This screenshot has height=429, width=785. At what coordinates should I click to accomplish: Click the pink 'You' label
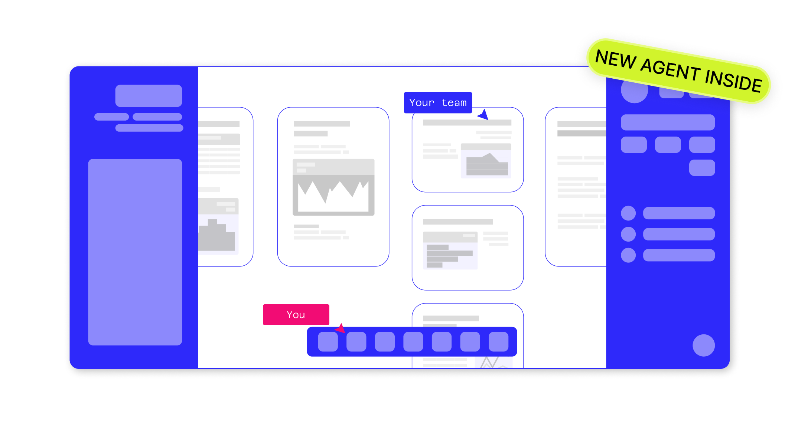[x=296, y=315]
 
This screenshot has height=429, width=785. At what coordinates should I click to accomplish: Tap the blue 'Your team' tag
[x=438, y=102]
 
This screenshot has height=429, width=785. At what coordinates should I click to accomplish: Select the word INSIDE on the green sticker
[x=733, y=81]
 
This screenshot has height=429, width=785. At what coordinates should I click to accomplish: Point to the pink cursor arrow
[x=341, y=328]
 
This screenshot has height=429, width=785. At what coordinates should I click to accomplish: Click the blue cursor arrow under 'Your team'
[x=483, y=115]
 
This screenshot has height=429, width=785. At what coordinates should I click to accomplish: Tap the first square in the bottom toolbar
[x=328, y=341]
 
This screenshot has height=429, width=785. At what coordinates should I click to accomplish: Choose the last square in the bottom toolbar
[x=498, y=341]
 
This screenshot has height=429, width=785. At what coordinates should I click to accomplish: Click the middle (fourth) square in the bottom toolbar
[x=413, y=341]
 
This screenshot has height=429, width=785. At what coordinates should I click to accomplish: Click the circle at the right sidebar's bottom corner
[x=704, y=346]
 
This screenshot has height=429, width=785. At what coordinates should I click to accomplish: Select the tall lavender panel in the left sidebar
[x=135, y=252]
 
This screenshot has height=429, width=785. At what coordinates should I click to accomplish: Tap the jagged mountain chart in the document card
[x=333, y=187]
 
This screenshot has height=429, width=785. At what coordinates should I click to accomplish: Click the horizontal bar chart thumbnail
[x=450, y=250]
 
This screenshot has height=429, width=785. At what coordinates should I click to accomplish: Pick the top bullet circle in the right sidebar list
[x=628, y=213]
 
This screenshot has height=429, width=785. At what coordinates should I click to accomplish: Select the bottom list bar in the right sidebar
[x=679, y=255]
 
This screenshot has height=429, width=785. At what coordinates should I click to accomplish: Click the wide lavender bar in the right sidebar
[x=668, y=122]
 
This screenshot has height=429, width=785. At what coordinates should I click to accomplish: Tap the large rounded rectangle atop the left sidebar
[x=149, y=96]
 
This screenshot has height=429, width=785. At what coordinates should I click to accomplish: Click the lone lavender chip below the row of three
[x=702, y=168]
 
